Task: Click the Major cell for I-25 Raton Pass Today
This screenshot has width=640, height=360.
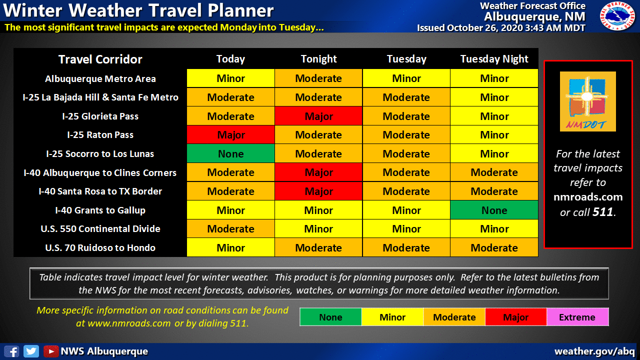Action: click(231, 135)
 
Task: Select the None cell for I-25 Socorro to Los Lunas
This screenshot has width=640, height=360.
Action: click(231, 153)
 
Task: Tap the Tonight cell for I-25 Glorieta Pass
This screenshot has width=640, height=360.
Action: click(318, 116)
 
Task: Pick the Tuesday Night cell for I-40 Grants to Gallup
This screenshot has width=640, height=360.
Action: click(494, 210)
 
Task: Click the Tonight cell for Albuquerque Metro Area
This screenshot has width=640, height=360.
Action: click(318, 78)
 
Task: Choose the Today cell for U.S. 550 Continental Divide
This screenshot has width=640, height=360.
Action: click(231, 229)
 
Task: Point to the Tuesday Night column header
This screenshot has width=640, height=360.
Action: click(494, 59)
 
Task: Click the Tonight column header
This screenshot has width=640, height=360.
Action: click(319, 59)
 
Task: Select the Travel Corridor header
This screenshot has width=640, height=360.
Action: click(100, 59)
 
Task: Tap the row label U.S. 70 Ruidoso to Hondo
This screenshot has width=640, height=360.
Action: click(100, 247)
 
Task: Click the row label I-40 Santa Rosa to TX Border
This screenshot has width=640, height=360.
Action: click(100, 191)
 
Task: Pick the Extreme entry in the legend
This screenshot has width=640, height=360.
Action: click(577, 317)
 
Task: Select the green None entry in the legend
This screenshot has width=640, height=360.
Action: click(331, 317)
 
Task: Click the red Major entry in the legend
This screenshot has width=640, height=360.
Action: click(516, 317)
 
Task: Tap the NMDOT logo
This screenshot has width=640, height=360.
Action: click(587, 101)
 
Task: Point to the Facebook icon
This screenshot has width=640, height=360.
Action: click(11, 351)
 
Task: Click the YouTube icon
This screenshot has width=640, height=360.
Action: click(51, 351)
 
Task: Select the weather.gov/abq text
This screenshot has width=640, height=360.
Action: click(594, 351)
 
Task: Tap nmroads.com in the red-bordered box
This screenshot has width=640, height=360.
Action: click(588, 197)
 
